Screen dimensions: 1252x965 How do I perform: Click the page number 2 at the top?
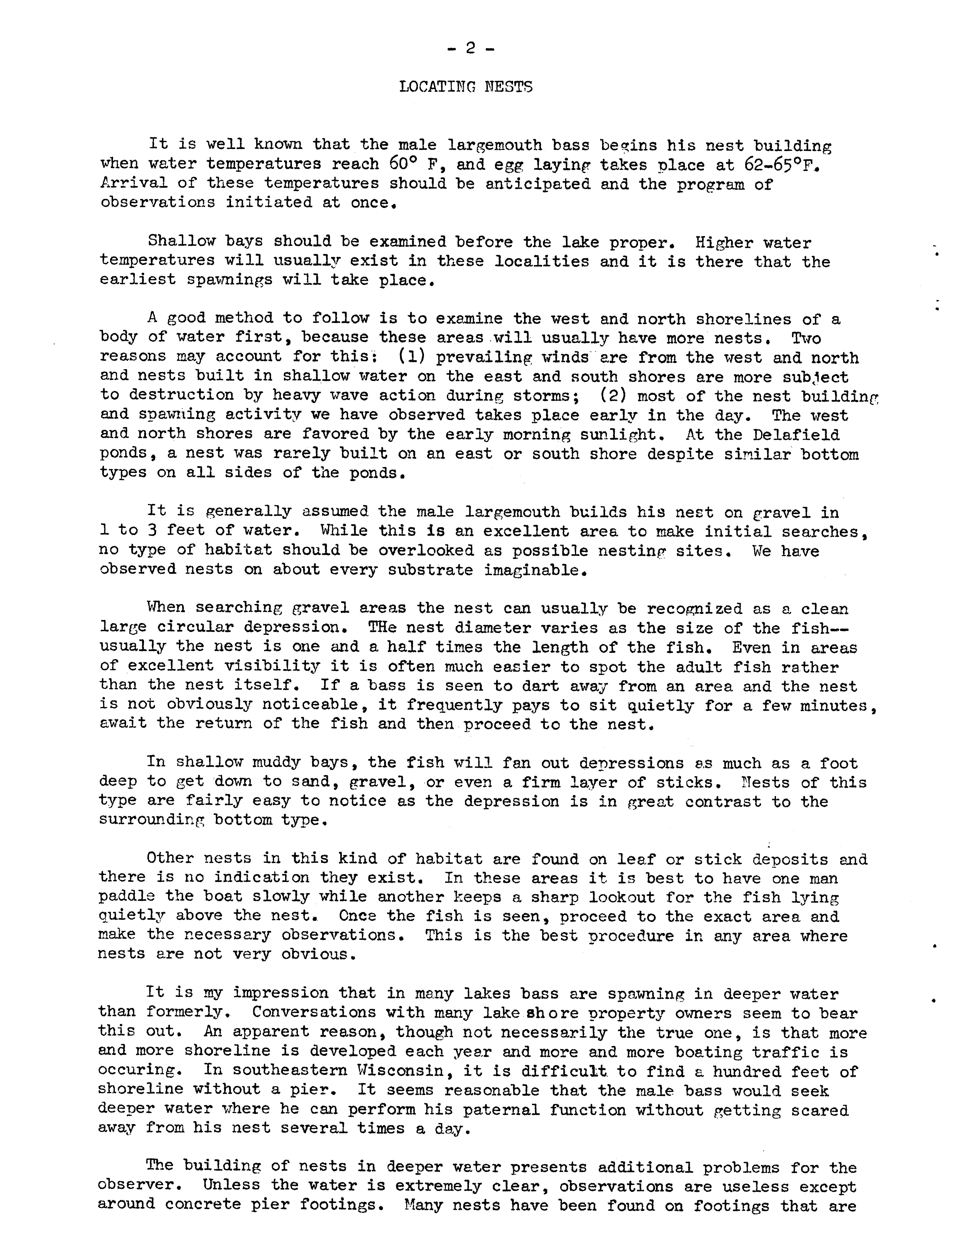point(470,49)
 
